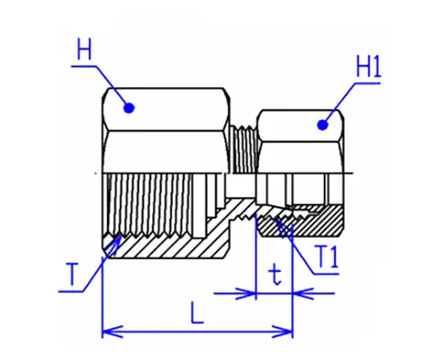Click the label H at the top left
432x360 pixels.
[84, 49]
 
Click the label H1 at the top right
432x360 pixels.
[368, 67]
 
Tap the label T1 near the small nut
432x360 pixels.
[327, 256]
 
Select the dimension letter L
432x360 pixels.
[197, 313]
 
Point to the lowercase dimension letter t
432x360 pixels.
[275, 275]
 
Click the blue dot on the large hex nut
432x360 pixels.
[130, 108]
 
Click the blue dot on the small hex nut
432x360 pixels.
[322, 125]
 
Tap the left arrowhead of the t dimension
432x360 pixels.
[246, 293]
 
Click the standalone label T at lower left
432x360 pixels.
[71, 274]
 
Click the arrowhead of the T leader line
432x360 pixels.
[117, 241]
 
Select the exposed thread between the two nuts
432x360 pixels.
[244, 149]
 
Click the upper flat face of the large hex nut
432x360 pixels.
[165, 109]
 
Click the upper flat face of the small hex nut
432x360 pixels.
[301, 125]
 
